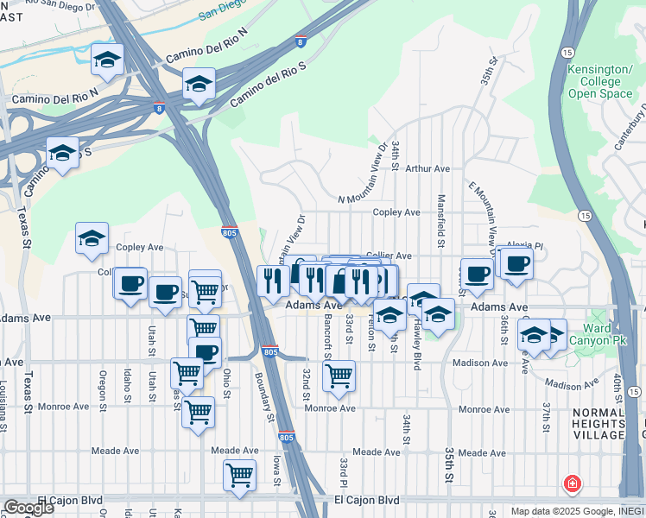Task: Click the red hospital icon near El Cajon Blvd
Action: [x=571, y=483]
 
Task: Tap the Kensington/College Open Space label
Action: [x=599, y=81]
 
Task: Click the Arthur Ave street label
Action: [x=427, y=169]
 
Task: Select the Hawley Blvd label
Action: [x=416, y=344]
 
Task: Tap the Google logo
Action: [x=28, y=508]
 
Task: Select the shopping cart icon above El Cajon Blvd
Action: [x=239, y=475]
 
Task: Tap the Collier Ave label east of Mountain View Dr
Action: [x=389, y=256]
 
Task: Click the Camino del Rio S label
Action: [x=268, y=85]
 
